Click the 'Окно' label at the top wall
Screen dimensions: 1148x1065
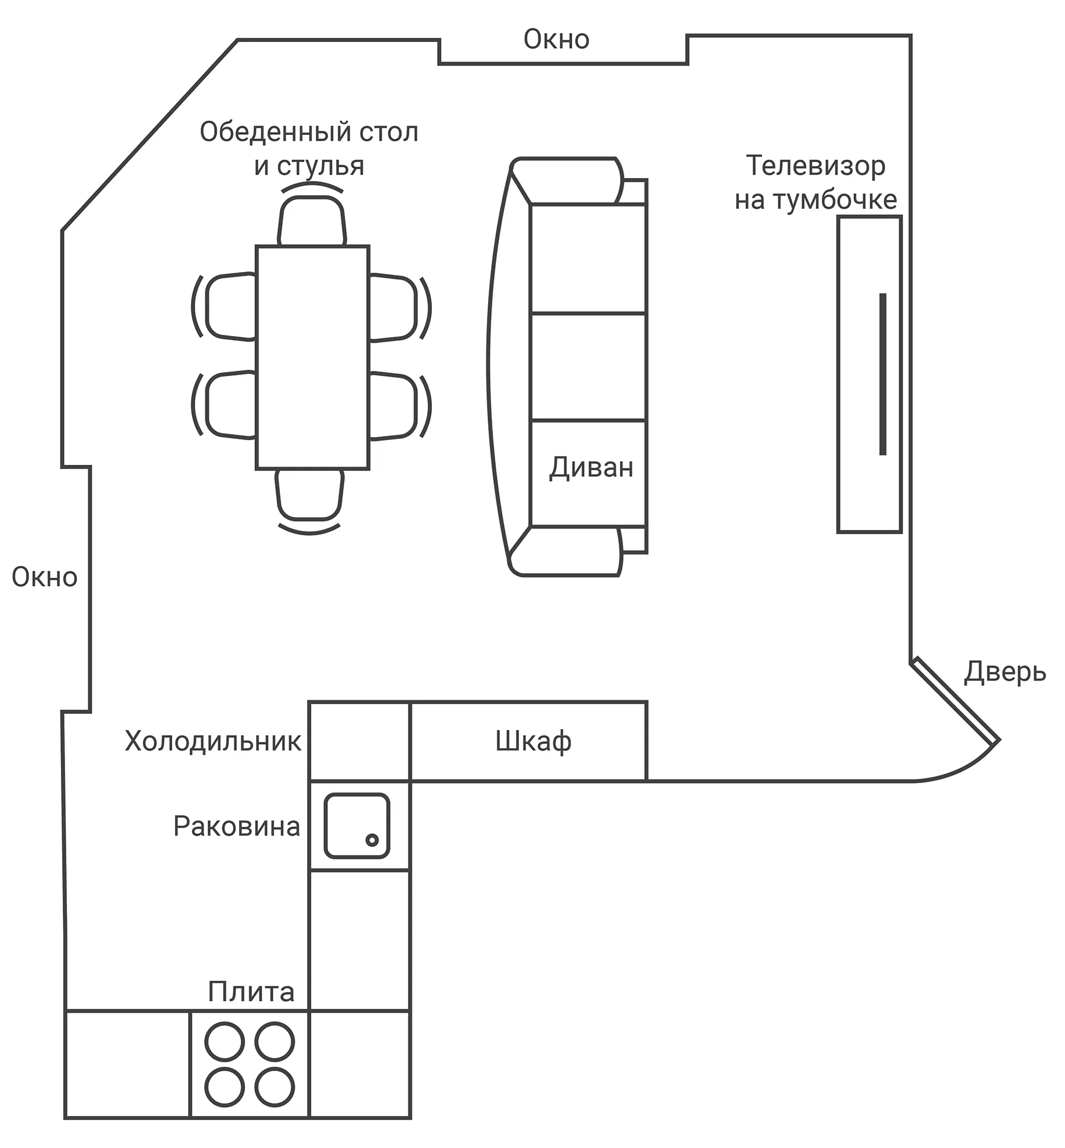point(556,40)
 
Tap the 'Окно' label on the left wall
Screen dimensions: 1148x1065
point(44,577)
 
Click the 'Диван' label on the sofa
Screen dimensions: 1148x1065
point(591,468)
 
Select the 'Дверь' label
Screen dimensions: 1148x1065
point(1005,672)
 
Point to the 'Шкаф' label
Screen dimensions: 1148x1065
point(533,741)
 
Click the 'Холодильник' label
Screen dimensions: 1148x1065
point(213,741)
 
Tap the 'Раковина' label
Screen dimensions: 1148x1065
point(237,826)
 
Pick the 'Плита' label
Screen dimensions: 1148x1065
point(251,992)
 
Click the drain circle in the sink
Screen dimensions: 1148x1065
point(372,840)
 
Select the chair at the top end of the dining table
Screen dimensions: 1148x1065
point(312,221)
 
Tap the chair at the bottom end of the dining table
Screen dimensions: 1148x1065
point(309,494)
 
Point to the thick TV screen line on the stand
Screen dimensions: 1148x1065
point(883,374)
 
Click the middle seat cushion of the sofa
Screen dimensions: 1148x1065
point(588,367)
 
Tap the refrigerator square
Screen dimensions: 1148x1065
point(359,741)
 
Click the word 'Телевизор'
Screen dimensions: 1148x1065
point(815,166)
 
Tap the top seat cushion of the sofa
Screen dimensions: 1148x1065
point(588,258)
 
